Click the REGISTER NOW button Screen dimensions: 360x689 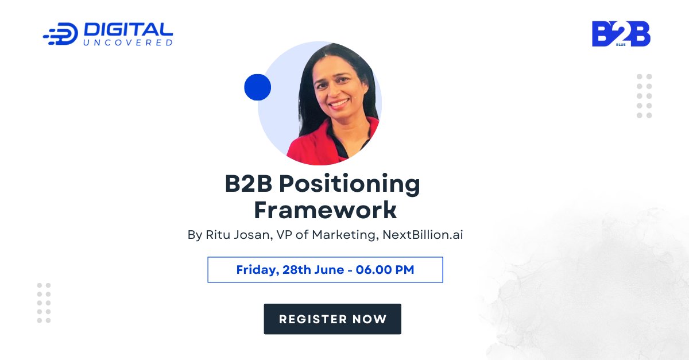pos(332,319)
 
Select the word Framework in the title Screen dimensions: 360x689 pos(325,210)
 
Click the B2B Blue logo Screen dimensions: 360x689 pos(621,34)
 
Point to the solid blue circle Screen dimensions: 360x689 pos(257,87)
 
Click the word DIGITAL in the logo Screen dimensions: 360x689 pos(128,30)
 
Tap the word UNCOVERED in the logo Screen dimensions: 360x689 pos(128,42)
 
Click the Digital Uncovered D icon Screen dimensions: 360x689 pos(62,34)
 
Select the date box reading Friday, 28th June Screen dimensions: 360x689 pos(325,270)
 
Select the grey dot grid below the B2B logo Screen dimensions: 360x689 pos(644,96)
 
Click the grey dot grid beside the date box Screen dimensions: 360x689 pos(44,303)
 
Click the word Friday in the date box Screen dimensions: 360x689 pos(256,270)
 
